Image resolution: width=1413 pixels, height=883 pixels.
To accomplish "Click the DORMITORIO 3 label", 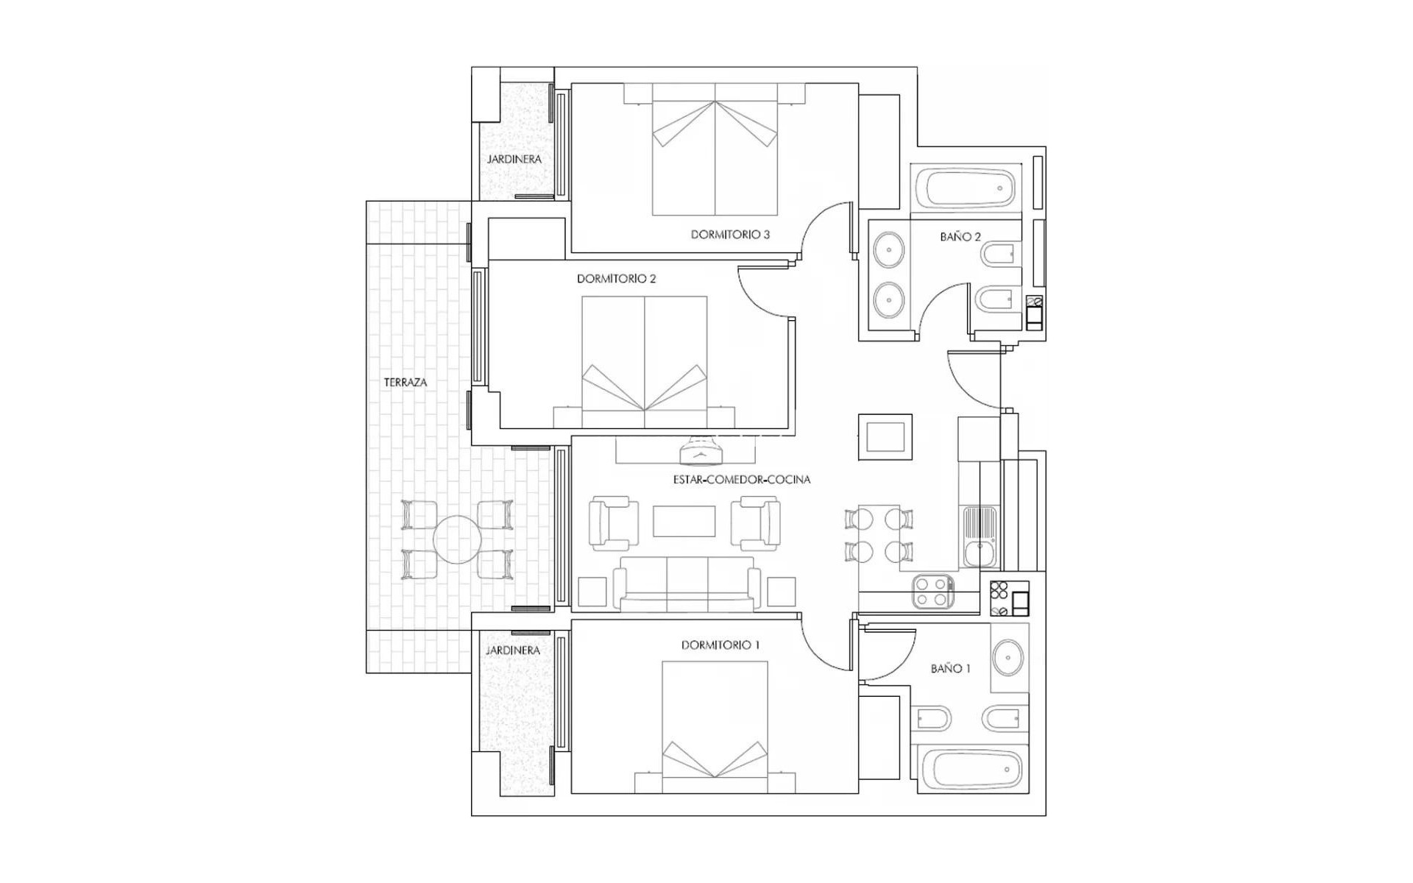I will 729,235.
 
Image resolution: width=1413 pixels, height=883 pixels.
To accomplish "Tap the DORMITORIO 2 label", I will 616,279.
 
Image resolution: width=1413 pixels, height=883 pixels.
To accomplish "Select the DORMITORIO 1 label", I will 720,645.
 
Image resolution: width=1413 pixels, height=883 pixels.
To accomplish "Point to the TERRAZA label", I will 405,383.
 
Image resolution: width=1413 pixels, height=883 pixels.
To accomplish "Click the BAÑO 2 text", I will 960,237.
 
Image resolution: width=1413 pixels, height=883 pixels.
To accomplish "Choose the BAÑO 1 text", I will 950,669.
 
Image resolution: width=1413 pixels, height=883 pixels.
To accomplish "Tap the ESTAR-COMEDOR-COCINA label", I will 742,480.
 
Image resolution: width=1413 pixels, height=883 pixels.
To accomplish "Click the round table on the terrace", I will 457,539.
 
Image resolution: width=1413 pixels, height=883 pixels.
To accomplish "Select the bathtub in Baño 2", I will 966,188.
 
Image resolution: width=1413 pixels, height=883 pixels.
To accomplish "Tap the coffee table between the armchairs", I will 684,521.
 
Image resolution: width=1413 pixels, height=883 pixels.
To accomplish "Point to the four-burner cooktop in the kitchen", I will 932,592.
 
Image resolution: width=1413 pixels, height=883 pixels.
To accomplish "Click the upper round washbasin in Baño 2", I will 889,249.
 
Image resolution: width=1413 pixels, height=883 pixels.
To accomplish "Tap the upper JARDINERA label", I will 514,160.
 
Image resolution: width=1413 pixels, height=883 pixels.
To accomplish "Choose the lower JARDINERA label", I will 513,650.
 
